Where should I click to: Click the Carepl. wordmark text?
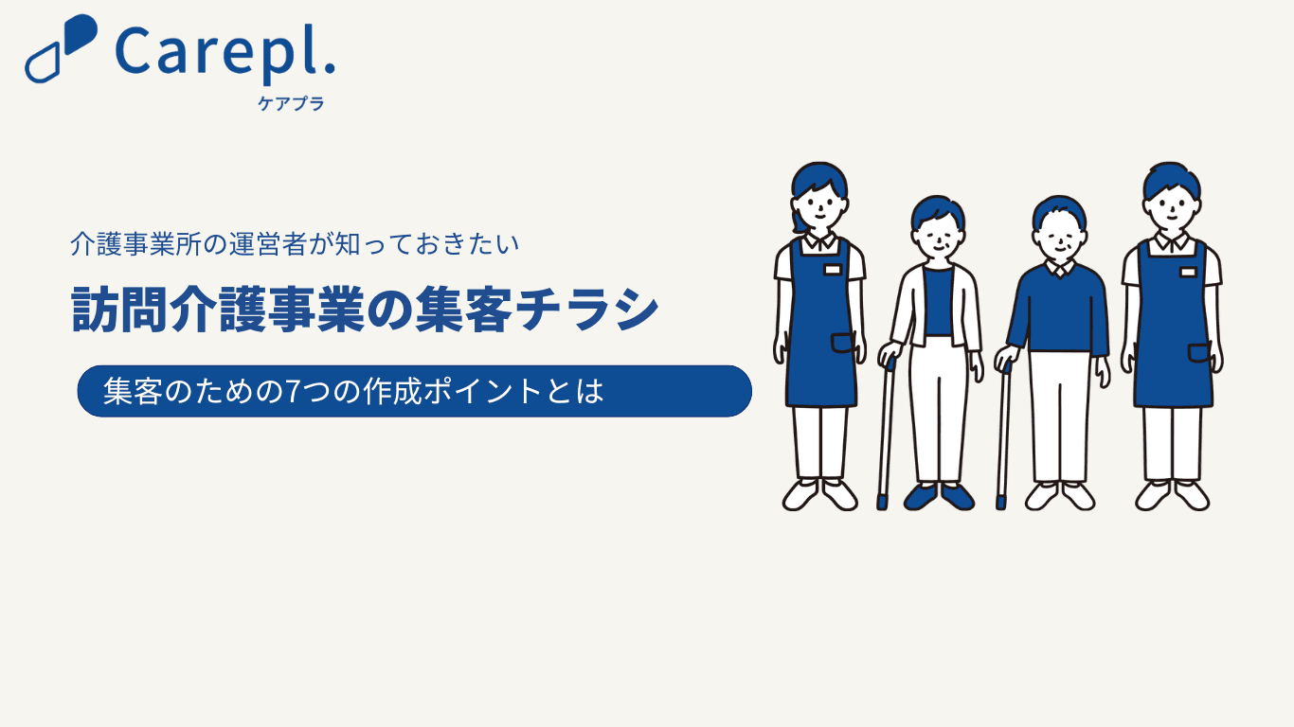point(225,53)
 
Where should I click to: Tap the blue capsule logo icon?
point(62,48)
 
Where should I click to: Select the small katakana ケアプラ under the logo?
point(291,103)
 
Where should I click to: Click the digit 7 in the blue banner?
point(293,391)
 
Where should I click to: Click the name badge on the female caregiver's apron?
point(832,270)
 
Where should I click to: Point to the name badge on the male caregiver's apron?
point(1188,272)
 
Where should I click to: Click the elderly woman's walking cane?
point(886,434)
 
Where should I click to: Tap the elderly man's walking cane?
point(1004,434)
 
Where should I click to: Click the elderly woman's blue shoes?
point(939,497)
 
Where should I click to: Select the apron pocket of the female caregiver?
point(843,343)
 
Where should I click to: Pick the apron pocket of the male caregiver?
point(1198,353)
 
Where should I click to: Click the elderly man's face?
point(1060,240)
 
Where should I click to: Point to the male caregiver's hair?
point(1172,179)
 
